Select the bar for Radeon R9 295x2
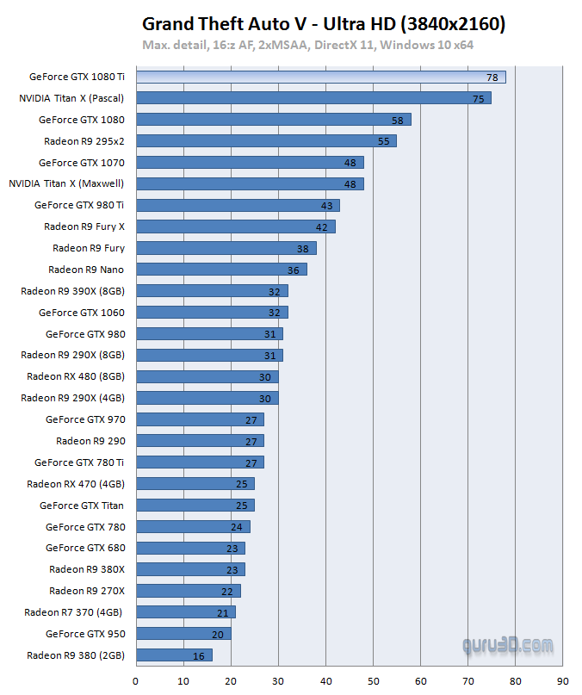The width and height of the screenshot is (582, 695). point(266,140)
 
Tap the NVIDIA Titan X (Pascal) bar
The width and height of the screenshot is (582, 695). point(313,98)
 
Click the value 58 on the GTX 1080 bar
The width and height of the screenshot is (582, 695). point(397,120)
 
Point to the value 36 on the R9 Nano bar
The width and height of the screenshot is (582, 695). point(293,270)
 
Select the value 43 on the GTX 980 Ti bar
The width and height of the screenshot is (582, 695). point(326,206)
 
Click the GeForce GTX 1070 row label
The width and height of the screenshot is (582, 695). point(82,162)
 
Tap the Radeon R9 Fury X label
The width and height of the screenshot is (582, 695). point(84,226)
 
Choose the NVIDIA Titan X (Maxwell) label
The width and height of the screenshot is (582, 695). point(66,183)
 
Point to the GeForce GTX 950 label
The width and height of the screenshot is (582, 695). point(85,634)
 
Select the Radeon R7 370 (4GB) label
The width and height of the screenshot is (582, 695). point(74,612)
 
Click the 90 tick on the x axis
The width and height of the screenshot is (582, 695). point(562,681)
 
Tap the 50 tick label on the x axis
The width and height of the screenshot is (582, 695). point(373,681)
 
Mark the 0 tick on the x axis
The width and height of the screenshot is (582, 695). point(136,681)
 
